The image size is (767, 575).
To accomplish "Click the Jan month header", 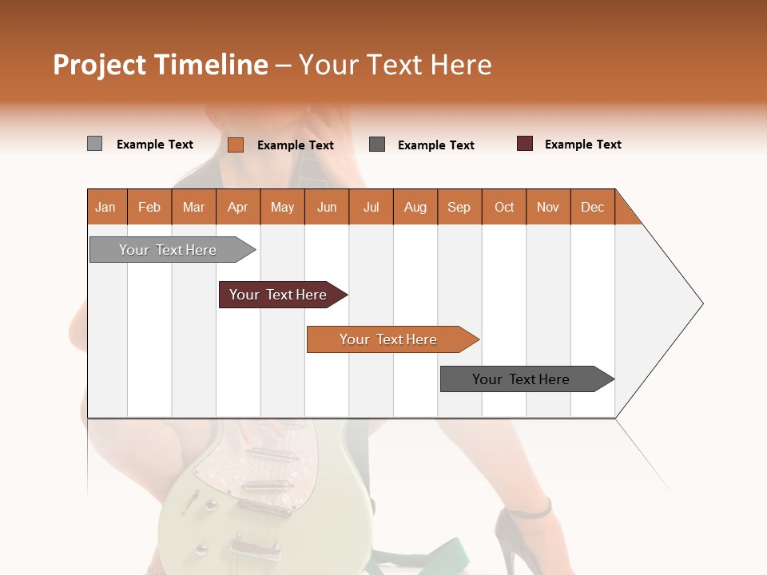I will click(105, 207).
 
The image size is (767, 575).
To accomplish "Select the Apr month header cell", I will click(238, 207).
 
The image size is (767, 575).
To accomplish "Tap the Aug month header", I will click(415, 207).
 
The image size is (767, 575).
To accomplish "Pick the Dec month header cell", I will click(592, 207).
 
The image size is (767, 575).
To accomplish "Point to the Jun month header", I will click(327, 207).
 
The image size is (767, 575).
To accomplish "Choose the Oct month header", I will click(504, 207).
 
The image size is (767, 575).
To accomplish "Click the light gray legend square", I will click(94, 144).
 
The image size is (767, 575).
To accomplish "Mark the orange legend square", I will click(235, 145).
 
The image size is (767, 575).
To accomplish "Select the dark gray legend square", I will click(377, 145).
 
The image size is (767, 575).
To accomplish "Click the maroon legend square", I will click(525, 144).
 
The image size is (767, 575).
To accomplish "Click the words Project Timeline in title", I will click(160, 65).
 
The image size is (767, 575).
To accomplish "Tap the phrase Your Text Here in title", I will click(395, 65).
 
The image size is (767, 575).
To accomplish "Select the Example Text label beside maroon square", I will click(582, 145).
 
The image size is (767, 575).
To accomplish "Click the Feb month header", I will click(149, 207).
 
